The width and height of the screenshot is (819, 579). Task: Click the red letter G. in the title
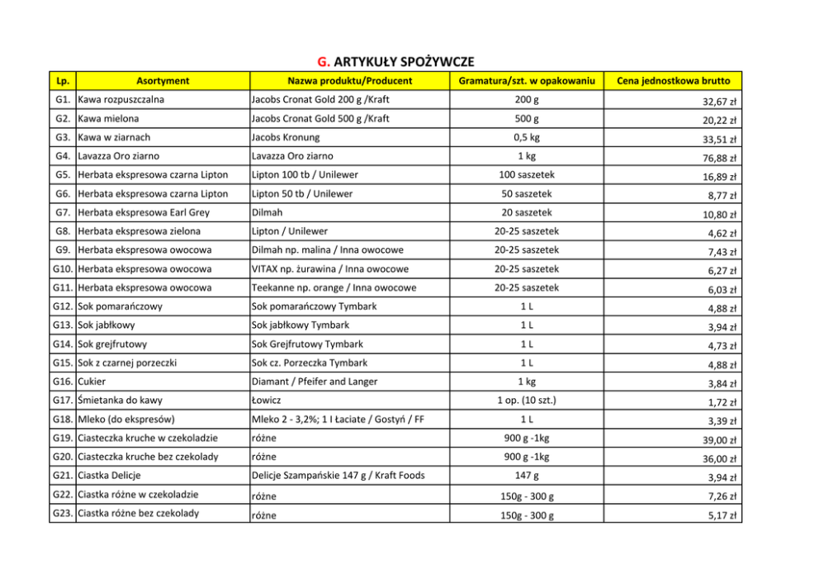324,62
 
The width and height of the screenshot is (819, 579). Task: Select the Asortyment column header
163,81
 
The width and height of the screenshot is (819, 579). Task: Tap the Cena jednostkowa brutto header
673,81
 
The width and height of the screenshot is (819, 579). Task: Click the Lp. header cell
62,81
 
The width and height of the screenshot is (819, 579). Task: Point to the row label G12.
62,306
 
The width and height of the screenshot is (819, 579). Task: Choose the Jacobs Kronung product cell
285,137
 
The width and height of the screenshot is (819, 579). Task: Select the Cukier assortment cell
92,382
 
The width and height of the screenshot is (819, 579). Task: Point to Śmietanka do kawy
120,401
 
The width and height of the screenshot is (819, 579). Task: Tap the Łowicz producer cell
266,401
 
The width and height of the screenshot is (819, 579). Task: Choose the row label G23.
62,513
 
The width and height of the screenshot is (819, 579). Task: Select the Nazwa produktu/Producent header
349,81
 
